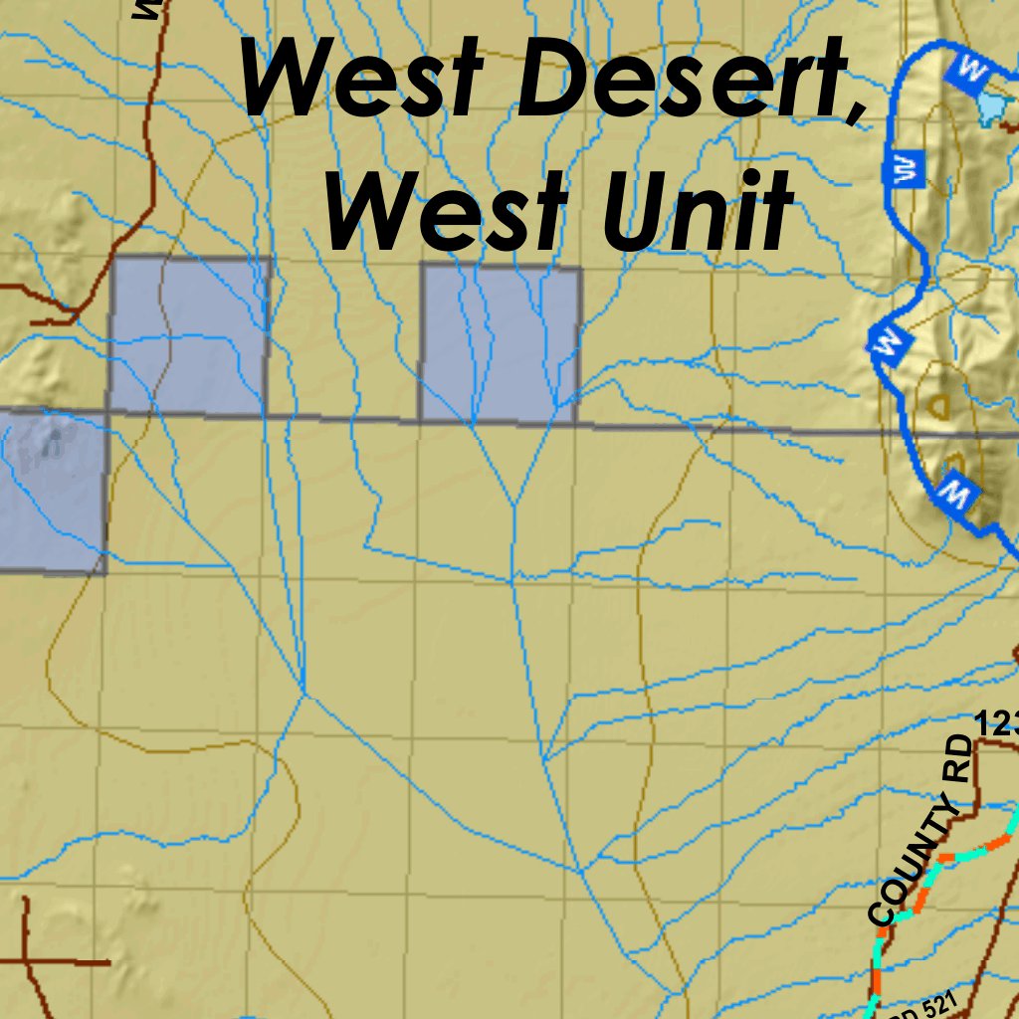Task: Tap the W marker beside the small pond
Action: [966, 69]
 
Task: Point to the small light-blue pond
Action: [991, 105]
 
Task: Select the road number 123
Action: [995, 723]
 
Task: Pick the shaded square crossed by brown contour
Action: [189, 335]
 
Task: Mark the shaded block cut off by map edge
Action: [50, 493]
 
